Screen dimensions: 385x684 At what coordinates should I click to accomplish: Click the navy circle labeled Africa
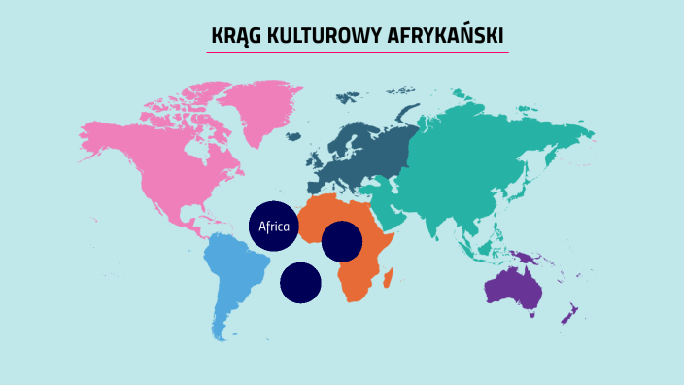[x=274, y=227]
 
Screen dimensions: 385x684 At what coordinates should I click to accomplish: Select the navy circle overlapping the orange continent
[x=342, y=241]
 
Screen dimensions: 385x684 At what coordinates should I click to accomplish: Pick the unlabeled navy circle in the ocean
[x=300, y=282]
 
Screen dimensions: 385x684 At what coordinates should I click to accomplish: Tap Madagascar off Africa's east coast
[x=389, y=280]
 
